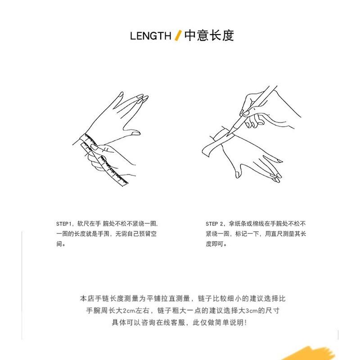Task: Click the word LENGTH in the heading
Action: click(151, 36)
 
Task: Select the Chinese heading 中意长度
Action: click(209, 36)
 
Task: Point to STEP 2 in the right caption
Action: click(214, 224)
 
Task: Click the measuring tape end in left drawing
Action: click(125, 183)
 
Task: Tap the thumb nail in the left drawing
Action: click(135, 133)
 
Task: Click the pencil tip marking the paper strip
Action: click(228, 135)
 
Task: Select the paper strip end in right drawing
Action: click(205, 152)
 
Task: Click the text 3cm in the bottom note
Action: click(252, 310)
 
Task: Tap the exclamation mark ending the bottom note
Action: click(246, 323)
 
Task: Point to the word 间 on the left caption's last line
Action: click(59, 244)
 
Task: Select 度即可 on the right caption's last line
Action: click(215, 244)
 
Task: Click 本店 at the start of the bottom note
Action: click(87, 298)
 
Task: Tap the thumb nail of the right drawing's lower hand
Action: click(238, 175)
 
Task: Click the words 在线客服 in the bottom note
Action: click(171, 323)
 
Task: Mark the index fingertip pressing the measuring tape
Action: click(94, 147)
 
